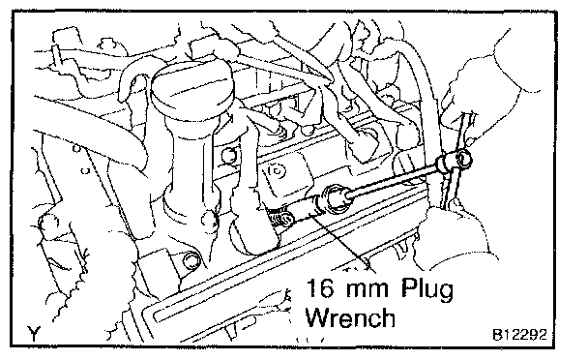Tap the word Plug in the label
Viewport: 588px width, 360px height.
point(427,289)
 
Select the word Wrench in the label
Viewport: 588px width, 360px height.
point(350,317)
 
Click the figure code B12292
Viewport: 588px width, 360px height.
point(519,334)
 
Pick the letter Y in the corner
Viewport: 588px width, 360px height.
point(34,333)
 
